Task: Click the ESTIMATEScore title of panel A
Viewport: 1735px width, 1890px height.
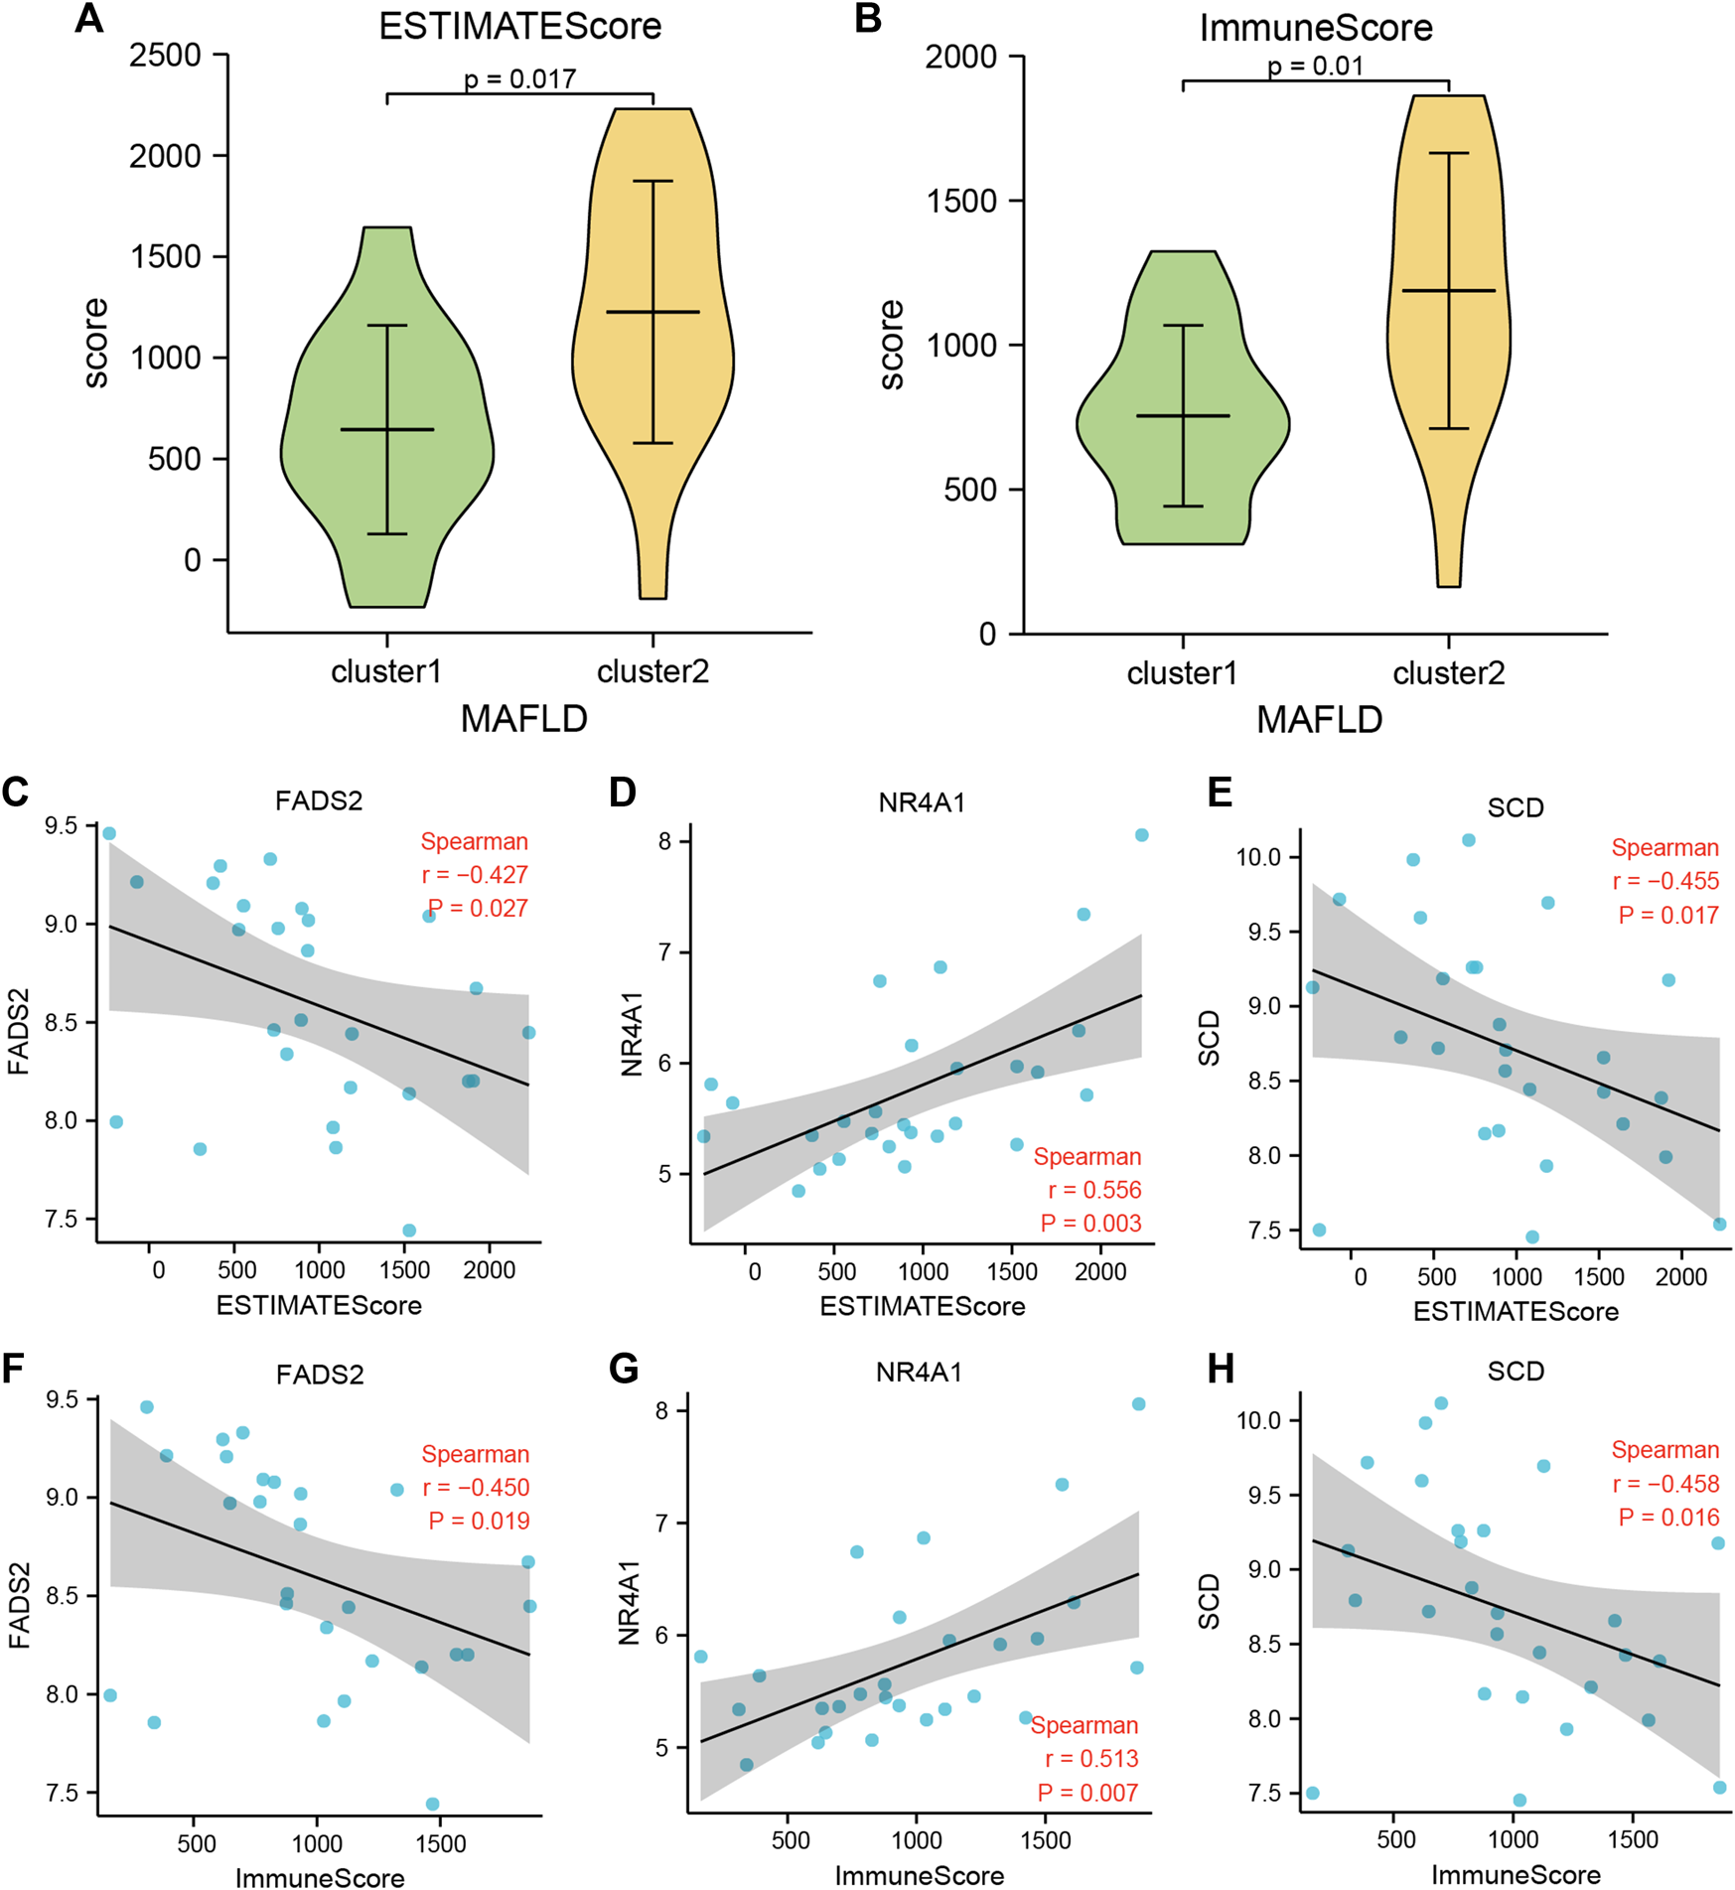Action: (x=519, y=26)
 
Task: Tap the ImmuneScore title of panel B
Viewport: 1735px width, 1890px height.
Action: (x=1316, y=28)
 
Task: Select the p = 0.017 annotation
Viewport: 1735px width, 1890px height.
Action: (x=519, y=78)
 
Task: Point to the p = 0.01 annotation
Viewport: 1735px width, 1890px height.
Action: (x=1315, y=67)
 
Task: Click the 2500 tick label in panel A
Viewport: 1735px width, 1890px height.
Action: (x=165, y=56)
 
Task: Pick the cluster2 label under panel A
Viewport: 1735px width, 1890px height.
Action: (x=652, y=672)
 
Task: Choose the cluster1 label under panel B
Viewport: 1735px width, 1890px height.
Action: (x=1182, y=674)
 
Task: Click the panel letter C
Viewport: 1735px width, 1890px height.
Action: (x=15, y=792)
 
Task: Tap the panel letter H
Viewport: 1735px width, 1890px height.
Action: (x=1220, y=1370)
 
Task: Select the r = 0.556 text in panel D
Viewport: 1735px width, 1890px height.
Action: (x=1094, y=1190)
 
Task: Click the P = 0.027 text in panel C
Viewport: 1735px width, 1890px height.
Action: (x=478, y=908)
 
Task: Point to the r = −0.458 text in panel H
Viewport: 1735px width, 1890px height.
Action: (x=1665, y=1484)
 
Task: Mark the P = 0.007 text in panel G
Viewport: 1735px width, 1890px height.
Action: (x=1087, y=1793)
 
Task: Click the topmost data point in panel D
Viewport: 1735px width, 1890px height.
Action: (x=1142, y=835)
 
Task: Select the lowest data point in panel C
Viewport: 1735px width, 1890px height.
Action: (x=409, y=1231)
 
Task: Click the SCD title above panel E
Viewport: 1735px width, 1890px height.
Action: (x=1516, y=807)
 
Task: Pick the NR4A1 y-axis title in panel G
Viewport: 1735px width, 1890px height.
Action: (x=630, y=1603)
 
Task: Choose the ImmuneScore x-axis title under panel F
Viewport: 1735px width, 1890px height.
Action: (x=320, y=1877)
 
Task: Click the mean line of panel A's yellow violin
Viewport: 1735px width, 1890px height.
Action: (x=652, y=312)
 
